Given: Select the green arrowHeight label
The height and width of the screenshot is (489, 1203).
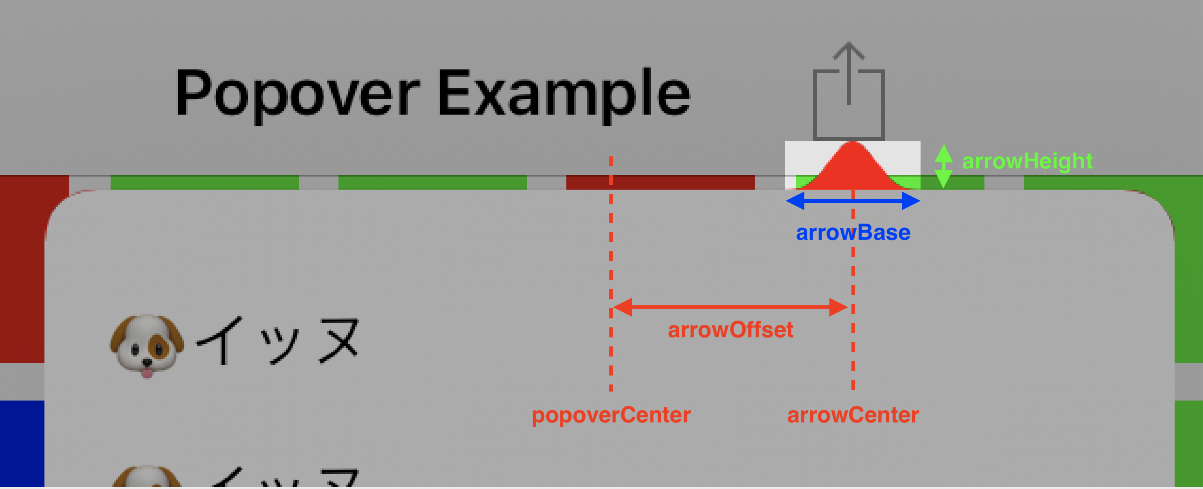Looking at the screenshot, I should [x=1027, y=161].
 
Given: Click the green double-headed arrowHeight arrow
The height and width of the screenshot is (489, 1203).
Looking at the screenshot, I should [x=943, y=166].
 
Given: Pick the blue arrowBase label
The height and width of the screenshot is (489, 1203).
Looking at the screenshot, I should [x=853, y=232].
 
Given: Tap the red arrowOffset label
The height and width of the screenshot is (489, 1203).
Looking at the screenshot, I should [x=730, y=330].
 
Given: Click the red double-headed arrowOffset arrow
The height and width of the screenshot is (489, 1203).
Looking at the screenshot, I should [x=730, y=307].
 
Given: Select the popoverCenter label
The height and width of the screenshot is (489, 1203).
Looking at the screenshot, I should [x=611, y=415].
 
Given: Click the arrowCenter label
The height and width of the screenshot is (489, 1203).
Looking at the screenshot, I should [x=853, y=415].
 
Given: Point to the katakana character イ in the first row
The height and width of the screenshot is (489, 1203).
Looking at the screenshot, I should [x=220, y=340].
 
